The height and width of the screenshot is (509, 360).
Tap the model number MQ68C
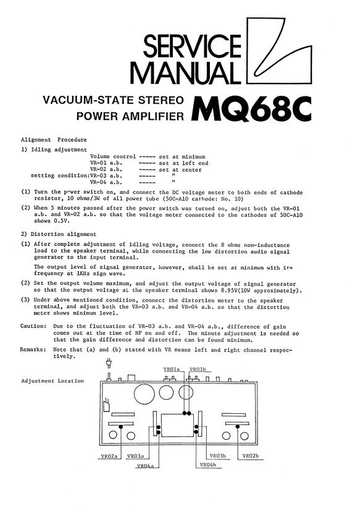(x=251, y=109)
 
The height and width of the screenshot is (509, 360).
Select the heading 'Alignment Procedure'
(x=54, y=140)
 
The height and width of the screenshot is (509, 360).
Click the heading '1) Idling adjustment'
(x=51, y=149)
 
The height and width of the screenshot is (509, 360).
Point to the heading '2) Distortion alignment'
(x=59, y=234)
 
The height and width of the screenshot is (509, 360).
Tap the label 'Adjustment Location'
(x=52, y=381)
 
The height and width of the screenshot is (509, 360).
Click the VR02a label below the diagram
(x=109, y=456)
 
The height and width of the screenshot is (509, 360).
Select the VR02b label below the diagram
(x=250, y=456)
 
